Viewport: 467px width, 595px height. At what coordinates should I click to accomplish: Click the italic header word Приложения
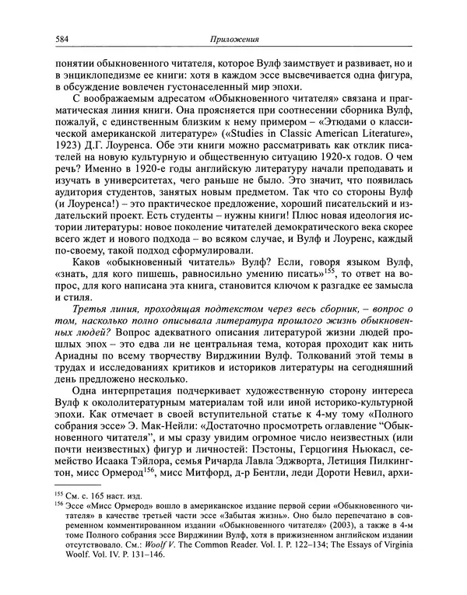click(233, 40)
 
